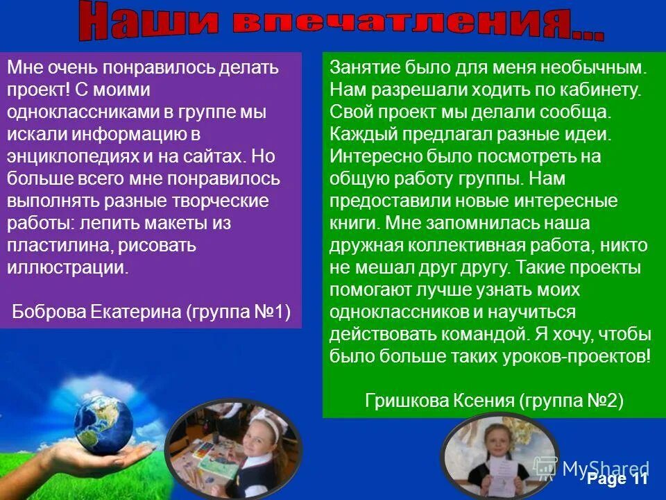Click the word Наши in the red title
146,21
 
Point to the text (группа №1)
237,311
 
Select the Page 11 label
617,479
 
